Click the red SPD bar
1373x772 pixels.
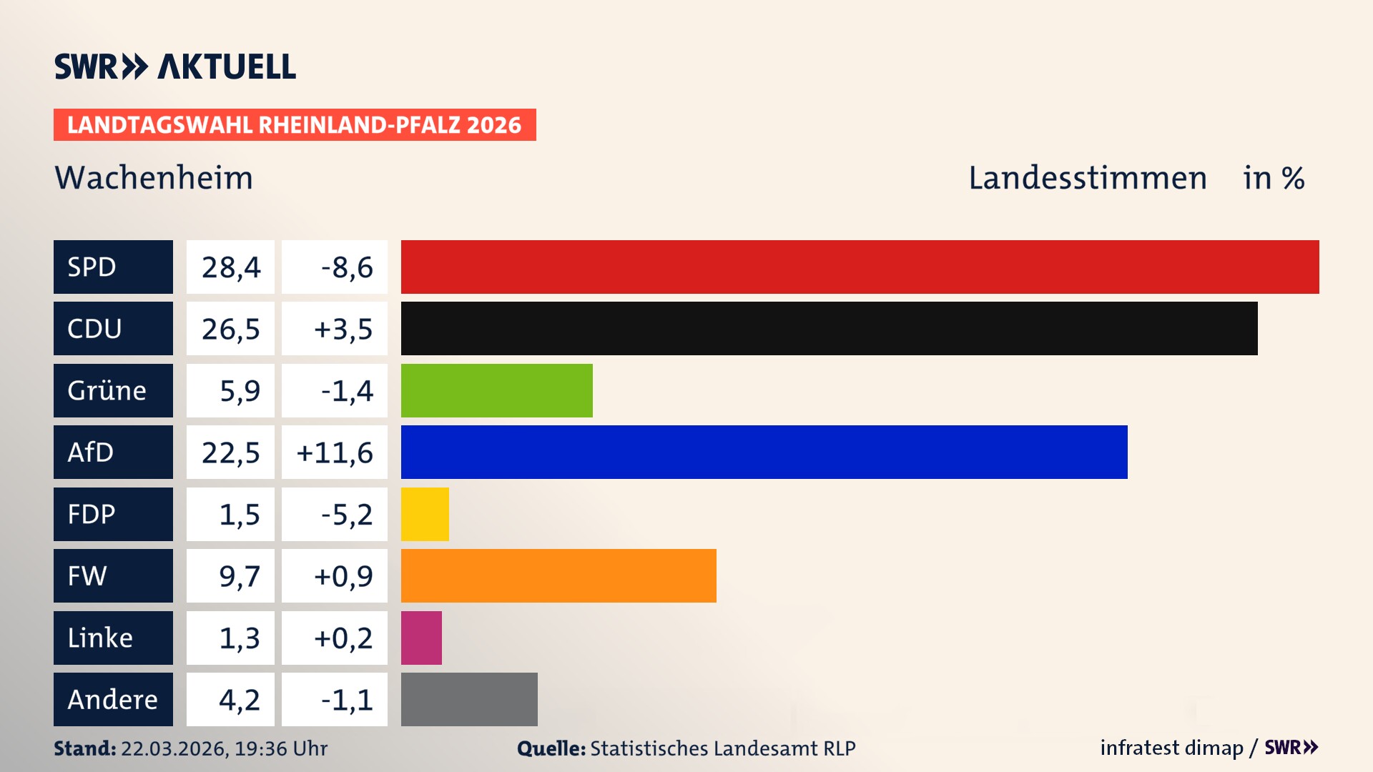(x=860, y=267)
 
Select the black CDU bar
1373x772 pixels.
(x=829, y=329)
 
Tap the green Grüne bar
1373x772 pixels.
(x=496, y=390)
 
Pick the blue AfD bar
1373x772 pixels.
(x=764, y=452)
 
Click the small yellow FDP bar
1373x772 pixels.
(x=425, y=514)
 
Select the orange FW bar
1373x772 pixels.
(x=558, y=575)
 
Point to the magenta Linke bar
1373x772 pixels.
(x=421, y=638)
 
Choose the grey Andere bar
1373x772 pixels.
(x=469, y=699)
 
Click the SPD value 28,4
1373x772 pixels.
(x=230, y=267)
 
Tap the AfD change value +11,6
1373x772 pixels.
(x=335, y=452)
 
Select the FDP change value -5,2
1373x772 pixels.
(x=346, y=515)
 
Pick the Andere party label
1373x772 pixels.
(x=113, y=699)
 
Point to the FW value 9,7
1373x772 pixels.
(x=239, y=576)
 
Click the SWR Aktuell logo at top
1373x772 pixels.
(x=174, y=66)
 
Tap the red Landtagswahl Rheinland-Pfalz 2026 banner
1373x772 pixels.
(x=294, y=125)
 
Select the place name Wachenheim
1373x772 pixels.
(x=154, y=178)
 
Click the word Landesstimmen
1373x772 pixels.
(x=1087, y=178)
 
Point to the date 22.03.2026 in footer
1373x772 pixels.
(x=174, y=748)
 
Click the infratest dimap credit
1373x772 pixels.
(x=1171, y=748)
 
